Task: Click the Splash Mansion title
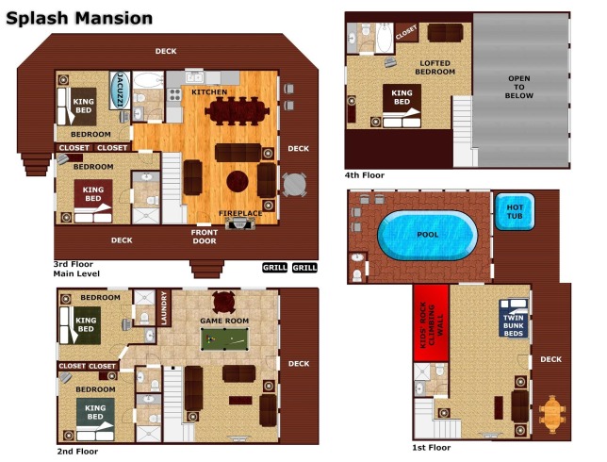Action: point(79,18)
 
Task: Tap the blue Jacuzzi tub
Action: point(120,90)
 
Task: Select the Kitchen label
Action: point(209,92)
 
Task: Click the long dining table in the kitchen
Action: point(237,111)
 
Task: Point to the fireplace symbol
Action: point(240,223)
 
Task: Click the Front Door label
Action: point(205,237)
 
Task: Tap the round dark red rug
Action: point(238,181)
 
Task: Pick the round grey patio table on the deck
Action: point(294,185)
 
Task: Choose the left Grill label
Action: point(275,267)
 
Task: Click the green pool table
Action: point(224,339)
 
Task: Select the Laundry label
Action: point(164,308)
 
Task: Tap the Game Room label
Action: point(224,321)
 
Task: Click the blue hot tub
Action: point(515,212)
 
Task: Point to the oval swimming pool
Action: point(427,235)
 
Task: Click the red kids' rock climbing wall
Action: point(432,322)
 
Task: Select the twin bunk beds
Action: point(514,318)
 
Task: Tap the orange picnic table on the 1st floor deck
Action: point(552,414)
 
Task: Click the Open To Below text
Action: point(519,87)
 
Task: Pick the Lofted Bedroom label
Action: point(435,67)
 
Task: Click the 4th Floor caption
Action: point(365,175)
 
